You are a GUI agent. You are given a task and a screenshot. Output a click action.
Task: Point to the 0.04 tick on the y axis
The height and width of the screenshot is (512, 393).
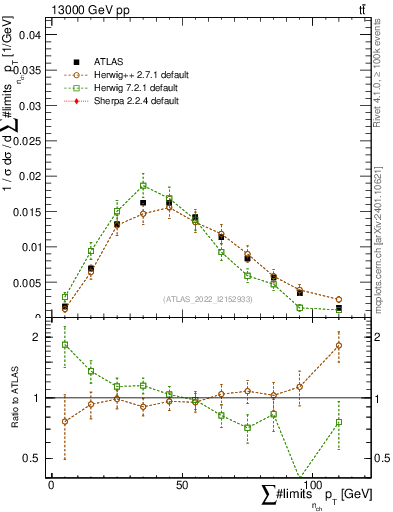[29, 34]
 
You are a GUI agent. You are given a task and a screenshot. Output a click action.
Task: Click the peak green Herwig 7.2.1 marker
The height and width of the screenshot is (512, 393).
[143, 185]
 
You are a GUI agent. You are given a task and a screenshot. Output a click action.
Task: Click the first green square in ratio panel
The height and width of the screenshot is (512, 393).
[65, 344]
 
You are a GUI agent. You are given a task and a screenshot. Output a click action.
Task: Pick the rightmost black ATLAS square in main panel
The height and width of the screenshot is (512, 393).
[338, 309]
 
